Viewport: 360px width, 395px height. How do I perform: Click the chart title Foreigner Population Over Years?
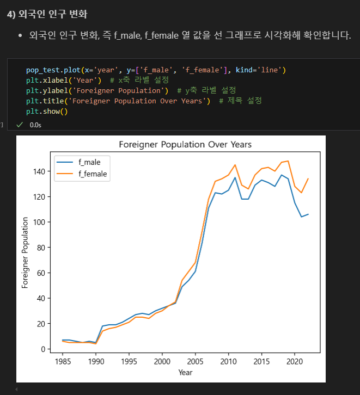[185, 145]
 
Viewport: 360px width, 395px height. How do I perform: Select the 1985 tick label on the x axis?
[63, 361]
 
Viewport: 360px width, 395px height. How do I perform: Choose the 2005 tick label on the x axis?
[195, 361]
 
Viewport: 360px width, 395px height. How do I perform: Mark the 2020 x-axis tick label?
[294, 361]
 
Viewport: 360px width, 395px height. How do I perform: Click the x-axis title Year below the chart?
[185, 372]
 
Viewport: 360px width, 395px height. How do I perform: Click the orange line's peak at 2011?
[235, 165]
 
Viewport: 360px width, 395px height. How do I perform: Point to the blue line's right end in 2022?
[308, 214]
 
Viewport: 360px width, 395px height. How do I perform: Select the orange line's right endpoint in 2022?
[308, 178]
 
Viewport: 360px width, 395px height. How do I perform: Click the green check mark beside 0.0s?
[20, 125]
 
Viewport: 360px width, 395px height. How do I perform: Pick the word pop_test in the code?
[42, 70]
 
